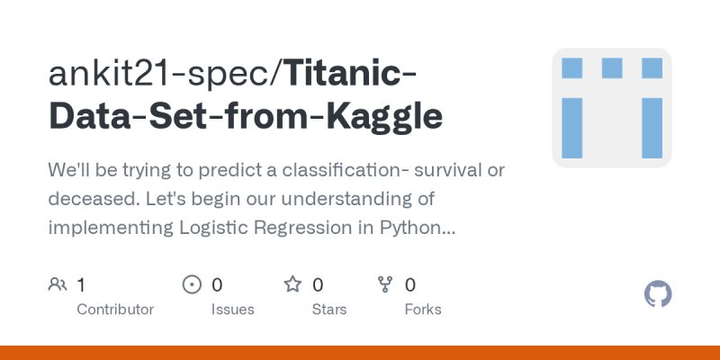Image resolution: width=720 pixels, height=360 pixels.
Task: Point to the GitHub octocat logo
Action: point(659,294)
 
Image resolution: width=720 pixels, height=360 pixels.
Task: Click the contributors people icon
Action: point(58,285)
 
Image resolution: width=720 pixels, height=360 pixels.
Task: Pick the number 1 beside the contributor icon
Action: point(81,285)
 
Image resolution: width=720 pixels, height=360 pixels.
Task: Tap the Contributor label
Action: point(115,310)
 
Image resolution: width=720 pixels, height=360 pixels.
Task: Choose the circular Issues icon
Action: point(192,285)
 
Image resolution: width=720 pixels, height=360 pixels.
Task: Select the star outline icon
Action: point(292,285)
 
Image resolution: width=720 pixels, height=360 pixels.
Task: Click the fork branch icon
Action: point(385,285)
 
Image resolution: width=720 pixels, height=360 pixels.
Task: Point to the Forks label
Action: point(423,310)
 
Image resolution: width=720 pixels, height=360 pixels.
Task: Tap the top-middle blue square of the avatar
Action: point(612,67)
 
